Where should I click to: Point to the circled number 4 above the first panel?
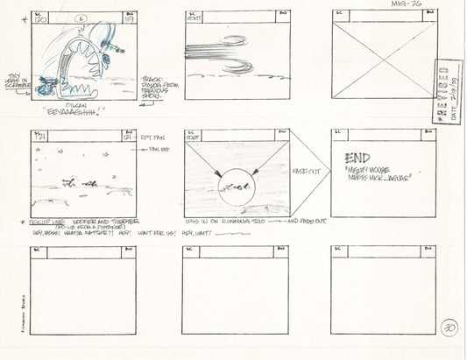pos(81,17)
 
